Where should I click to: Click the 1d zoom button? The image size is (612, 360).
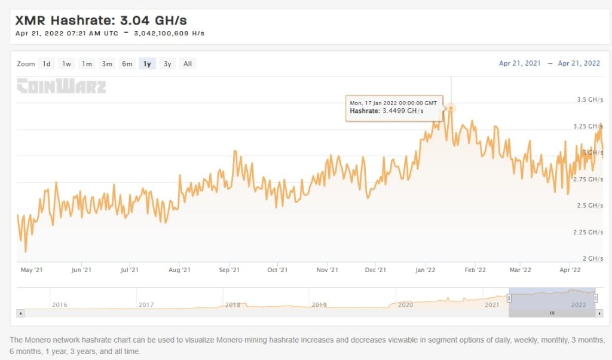point(47,64)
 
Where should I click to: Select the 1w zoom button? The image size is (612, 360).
point(67,64)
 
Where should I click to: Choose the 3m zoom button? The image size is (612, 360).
point(107,64)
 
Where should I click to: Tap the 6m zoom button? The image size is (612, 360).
point(127,64)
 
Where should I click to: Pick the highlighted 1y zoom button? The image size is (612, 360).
point(147,64)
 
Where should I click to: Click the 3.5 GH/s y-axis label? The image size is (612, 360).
point(588,100)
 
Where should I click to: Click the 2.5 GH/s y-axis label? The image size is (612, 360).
point(588,206)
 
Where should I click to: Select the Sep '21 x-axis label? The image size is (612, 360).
point(229,270)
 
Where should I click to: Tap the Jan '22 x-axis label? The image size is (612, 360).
point(425,270)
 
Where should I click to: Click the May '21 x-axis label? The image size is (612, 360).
point(32,270)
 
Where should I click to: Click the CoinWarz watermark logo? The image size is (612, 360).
point(61,87)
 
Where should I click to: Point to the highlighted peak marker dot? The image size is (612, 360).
point(451,108)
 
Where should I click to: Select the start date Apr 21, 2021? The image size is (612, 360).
point(519,63)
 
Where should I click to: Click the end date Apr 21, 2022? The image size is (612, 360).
point(579,63)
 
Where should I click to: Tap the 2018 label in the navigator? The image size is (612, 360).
point(232,305)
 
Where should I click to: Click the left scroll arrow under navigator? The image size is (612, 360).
point(20,313)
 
